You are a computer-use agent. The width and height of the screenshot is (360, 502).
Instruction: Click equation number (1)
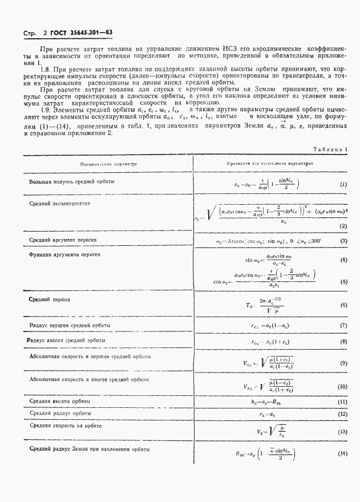[x=343, y=185]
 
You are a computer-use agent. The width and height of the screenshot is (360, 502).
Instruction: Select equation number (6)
[x=343, y=305]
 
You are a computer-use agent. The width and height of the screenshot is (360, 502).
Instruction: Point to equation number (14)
[x=343, y=454]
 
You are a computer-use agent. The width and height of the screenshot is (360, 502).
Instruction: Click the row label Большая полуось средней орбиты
[x=71, y=181]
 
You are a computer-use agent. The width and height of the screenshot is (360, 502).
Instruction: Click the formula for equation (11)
[x=268, y=402]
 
